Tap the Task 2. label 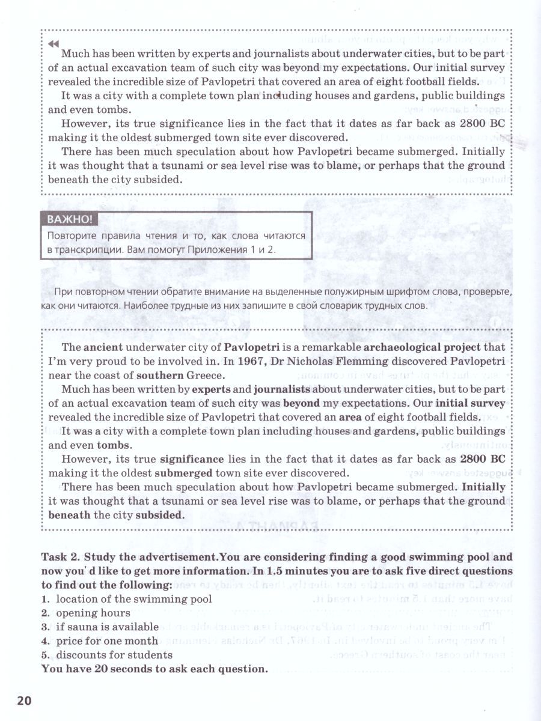point(63,556)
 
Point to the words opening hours point(93,613)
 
